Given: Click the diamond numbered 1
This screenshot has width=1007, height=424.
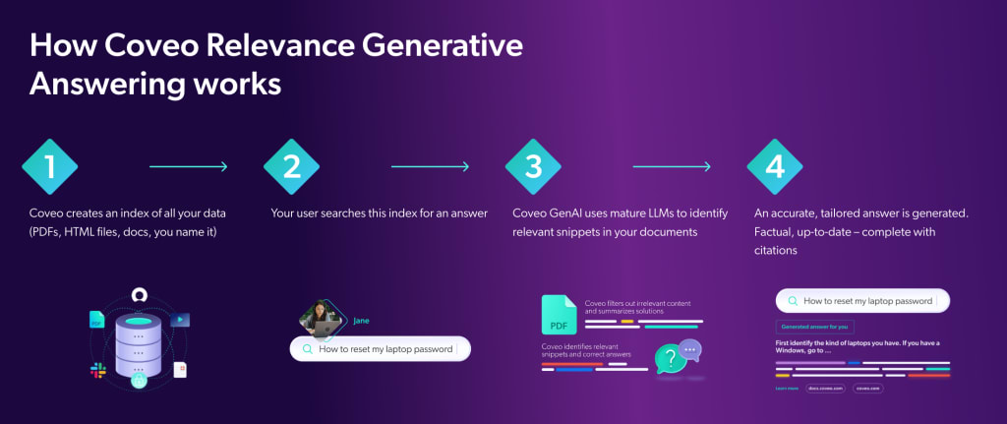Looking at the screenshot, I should pyautogui.click(x=50, y=166).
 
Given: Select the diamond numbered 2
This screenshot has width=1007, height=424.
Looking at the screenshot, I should pyautogui.click(x=292, y=166).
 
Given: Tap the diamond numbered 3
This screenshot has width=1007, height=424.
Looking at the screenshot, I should pyautogui.click(x=534, y=166).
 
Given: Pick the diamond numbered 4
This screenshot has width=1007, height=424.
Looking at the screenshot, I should pyautogui.click(x=775, y=166).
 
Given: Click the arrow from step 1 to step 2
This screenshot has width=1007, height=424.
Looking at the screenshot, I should pyautogui.click(x=189, y=166).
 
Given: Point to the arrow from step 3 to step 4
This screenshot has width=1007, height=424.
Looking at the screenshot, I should pyautogui.click(x=672, y=166).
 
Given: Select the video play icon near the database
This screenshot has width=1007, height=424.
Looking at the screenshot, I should pyautogui.click(x=180, y=320).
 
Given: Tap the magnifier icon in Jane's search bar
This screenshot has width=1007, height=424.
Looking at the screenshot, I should pyautogui.click(x=307, y=349).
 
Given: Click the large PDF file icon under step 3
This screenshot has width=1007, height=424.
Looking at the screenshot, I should pyautogui.click(x=559, y=315).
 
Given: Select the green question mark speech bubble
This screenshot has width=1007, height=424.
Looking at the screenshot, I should pyautogui.click(x=671, y=358).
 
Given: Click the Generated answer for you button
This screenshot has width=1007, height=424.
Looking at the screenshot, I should pyautogui.click(x=814, y=326).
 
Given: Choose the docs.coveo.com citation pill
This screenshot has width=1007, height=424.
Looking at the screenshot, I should pyautogui.click(x=825, y=389).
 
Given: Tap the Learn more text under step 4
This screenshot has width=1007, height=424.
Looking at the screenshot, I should pyautogui.click(x=787, y=389).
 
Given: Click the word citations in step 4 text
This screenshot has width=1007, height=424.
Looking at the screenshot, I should pyautogui.click(x=776, y=251).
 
